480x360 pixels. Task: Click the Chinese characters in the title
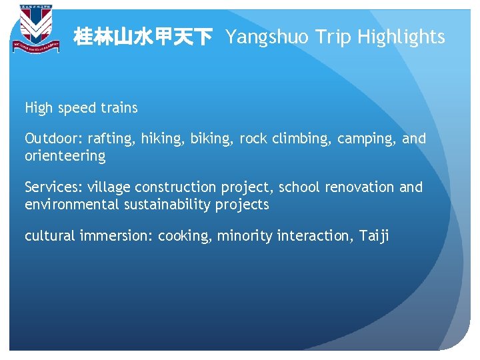[x=143, y=37]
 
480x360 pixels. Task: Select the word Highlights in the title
[x=401, y=38]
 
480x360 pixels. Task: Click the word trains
[x=121, y=108]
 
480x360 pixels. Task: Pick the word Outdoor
[x=51, y=139]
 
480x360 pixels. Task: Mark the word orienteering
[x=65, y=157]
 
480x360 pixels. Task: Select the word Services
[x=51, y=187]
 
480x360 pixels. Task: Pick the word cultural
[x=50, y=235]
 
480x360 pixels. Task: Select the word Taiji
[x=375, y=236]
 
